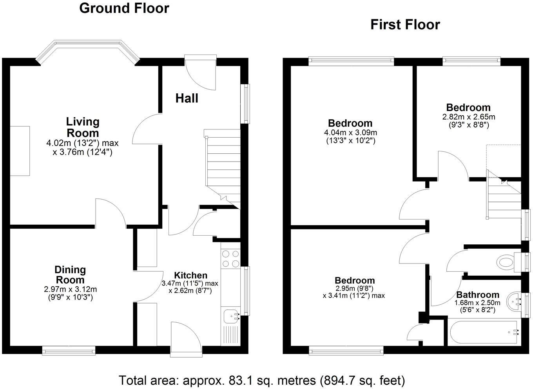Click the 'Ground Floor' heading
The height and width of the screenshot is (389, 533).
[124, 8]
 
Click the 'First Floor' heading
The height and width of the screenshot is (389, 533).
[405, 25]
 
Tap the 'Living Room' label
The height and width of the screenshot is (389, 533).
[82, 127]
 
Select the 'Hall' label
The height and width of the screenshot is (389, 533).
[187, 98]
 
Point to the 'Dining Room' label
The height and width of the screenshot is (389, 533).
[70, 274]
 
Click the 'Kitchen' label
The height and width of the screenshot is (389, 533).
[190, 275]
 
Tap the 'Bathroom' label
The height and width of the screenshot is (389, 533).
[477, 294]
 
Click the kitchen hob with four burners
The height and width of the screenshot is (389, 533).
[230, 259]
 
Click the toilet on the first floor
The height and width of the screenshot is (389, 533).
[506, 262]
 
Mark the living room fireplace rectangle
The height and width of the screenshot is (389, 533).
[20, 151]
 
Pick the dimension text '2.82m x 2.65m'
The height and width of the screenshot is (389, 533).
[468, 116]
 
